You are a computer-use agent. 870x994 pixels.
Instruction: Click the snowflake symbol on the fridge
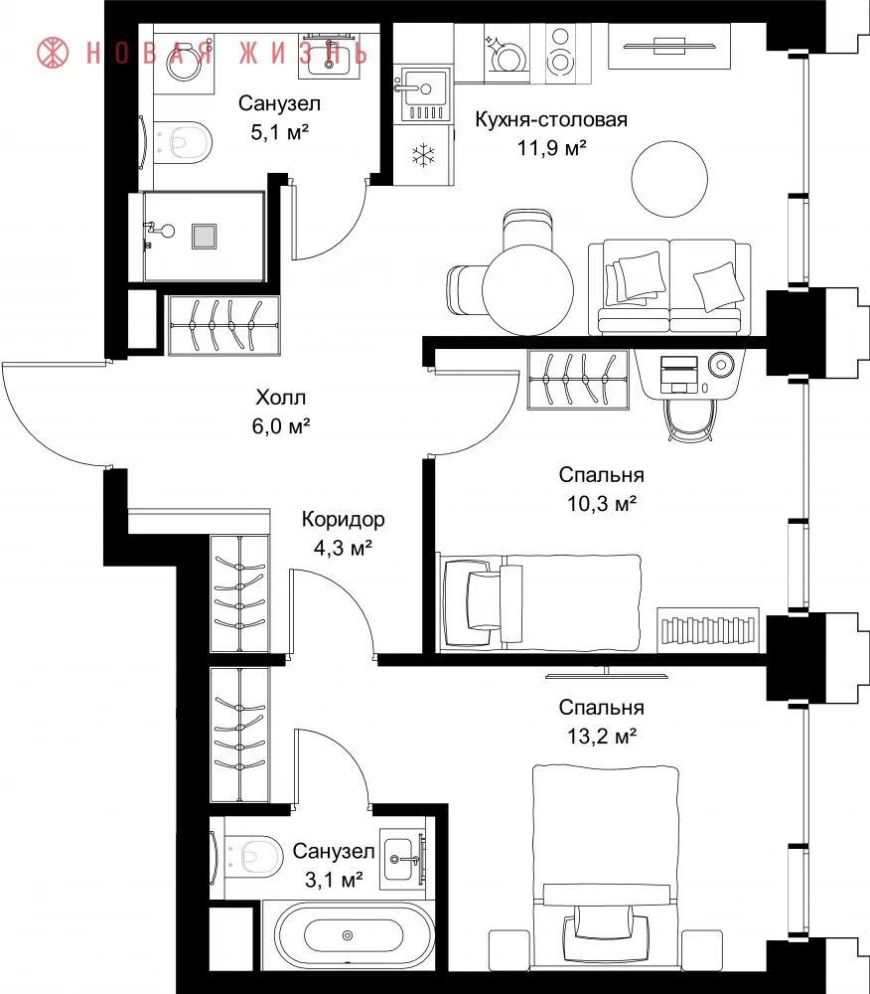pyautogui.click(x=423, y=155)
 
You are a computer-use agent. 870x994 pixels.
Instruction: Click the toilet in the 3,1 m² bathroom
pyautogui.click(x=250, y=856)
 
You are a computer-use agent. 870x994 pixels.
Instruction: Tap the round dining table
pyautogui.click(x=527, y=289)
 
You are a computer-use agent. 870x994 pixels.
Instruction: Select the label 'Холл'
pyautogui.click(x=281, y=398)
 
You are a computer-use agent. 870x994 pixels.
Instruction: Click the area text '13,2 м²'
pyautogui.click(x=601, y=736)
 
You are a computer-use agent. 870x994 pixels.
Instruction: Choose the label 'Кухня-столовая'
pyautogui.click(x=551, y=119)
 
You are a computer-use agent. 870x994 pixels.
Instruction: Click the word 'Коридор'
pyautogui.click(x=344, y=519)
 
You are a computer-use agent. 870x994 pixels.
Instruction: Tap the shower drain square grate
pyautogui.click(x=205, y=236)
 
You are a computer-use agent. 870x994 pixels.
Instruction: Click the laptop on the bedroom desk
pyautogui.click(x=678, y=374)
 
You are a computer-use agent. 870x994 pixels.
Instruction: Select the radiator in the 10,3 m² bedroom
pyautogui.click(x=708, y=629)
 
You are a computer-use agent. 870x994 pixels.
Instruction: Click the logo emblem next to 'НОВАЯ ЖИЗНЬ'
pyautogui.click(x=53, y=52)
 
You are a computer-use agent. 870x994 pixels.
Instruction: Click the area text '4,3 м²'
pyautogui.click(x=343, y=548)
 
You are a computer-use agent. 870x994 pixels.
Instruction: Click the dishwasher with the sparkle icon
pyautogui.click(x=507, y=54)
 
